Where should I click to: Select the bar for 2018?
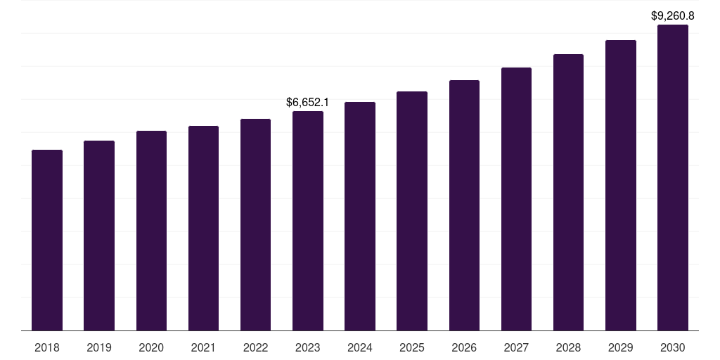point(47,240)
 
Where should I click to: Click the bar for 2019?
point(99,236)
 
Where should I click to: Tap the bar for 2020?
point(152,231)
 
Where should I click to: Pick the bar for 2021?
point(203,229)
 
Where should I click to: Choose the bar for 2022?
point(255,224)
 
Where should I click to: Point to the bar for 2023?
point(308,221)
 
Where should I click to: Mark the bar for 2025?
point(412,211)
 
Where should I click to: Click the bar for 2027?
point(516,199)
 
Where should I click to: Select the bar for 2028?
point(568,193)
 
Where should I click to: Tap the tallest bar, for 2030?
point(673,178)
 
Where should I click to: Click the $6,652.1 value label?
point(307,102)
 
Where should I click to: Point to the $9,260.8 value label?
point(673,15)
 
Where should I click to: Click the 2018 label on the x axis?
point(47,347)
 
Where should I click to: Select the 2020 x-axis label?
point(151,347)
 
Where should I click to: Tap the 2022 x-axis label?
point(255,347)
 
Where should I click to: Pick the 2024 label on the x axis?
point(359,347)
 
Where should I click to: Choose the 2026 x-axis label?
point(464,347)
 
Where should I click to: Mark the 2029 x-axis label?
point(620,347)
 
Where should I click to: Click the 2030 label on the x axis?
point(673,347)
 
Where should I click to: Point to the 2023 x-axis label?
point(308,347)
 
